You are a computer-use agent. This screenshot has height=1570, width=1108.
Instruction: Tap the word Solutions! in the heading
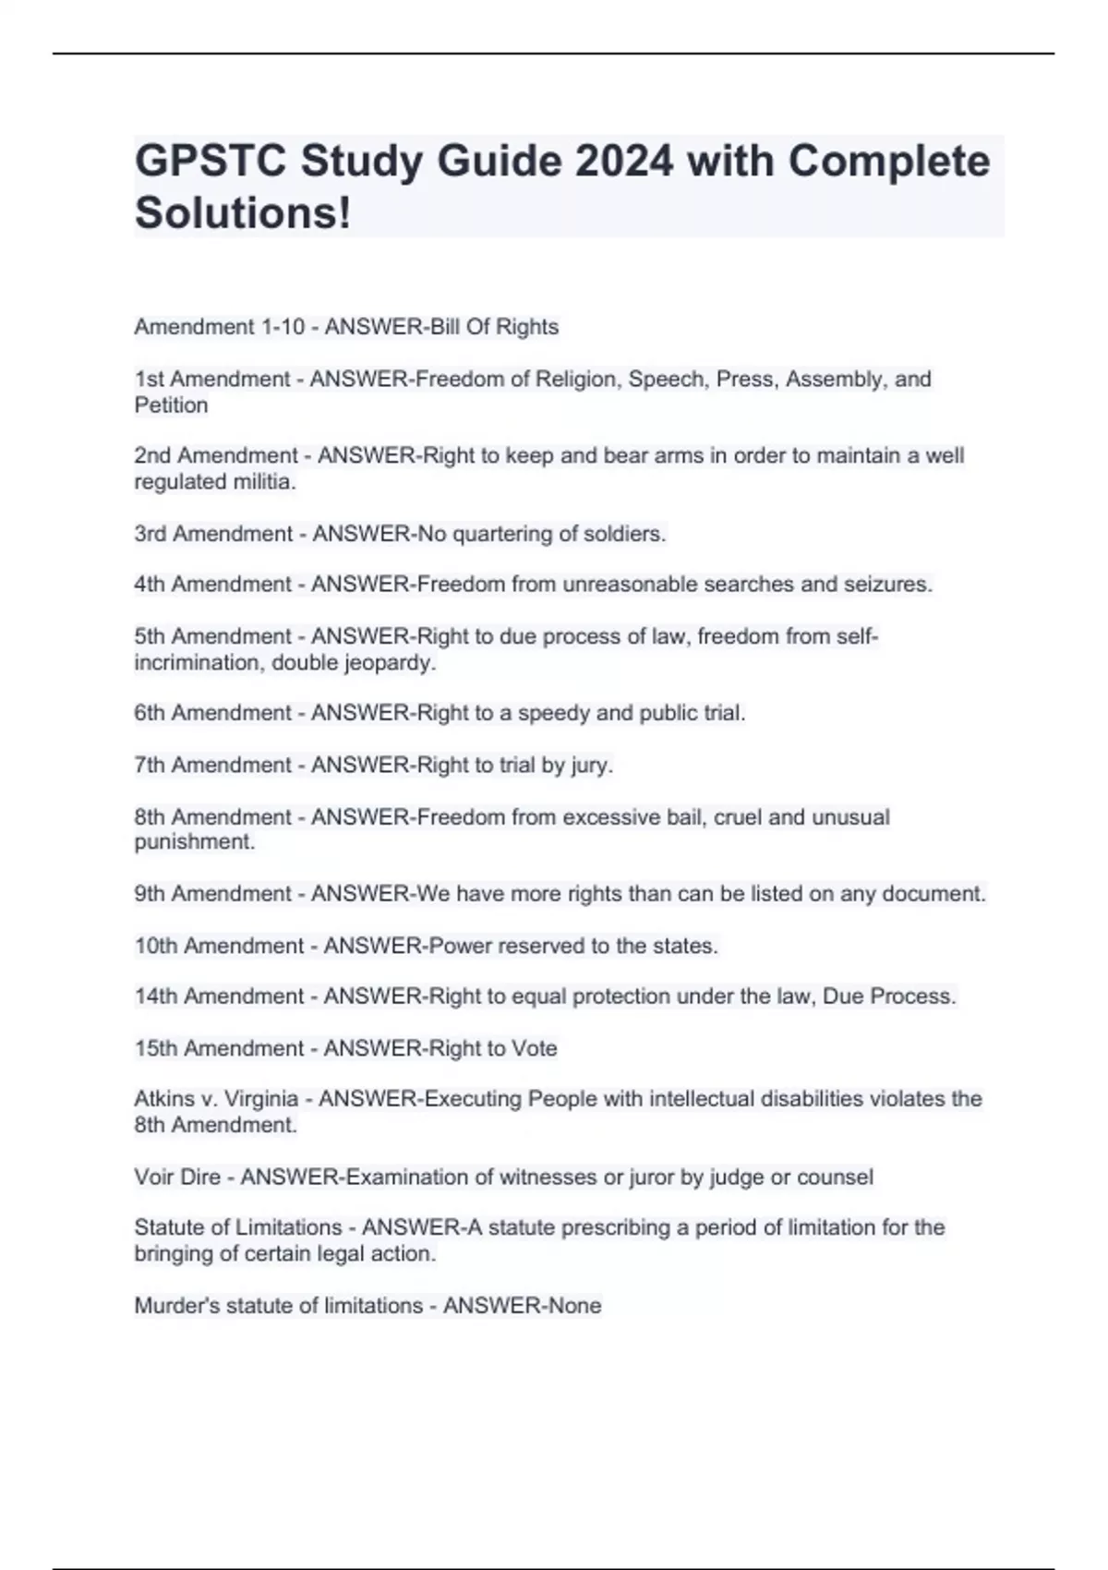click(x=243, y=213)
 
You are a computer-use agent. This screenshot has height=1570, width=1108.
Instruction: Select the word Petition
click(x=171, y=405)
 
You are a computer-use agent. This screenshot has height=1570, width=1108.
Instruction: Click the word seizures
click(x=887, y=585)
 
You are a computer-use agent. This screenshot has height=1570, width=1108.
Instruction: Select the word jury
click(x=590, y=766)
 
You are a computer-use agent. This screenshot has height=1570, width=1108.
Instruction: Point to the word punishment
click(x=194, y=842)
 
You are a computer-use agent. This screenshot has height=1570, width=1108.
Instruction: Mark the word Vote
click(x=534, y=1049)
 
